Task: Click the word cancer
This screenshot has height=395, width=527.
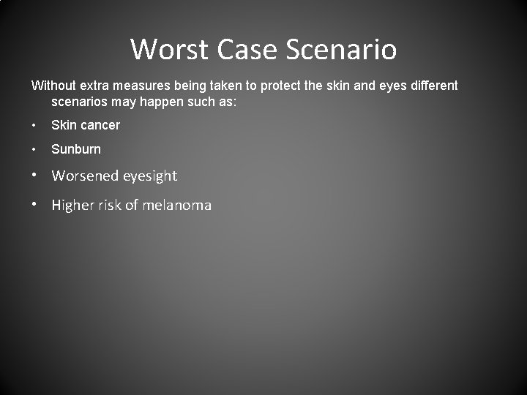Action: (100, 125)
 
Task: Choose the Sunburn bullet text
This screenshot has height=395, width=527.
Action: (76, 149)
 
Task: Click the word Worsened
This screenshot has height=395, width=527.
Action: (85, 176)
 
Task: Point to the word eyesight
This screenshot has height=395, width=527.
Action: (150, 176)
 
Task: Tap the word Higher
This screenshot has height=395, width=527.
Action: (72, 206)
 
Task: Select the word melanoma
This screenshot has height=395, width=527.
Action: (176, 206)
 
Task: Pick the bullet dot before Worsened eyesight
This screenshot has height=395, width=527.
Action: (35, 176)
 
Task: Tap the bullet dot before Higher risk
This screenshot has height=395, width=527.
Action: (35, 206)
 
